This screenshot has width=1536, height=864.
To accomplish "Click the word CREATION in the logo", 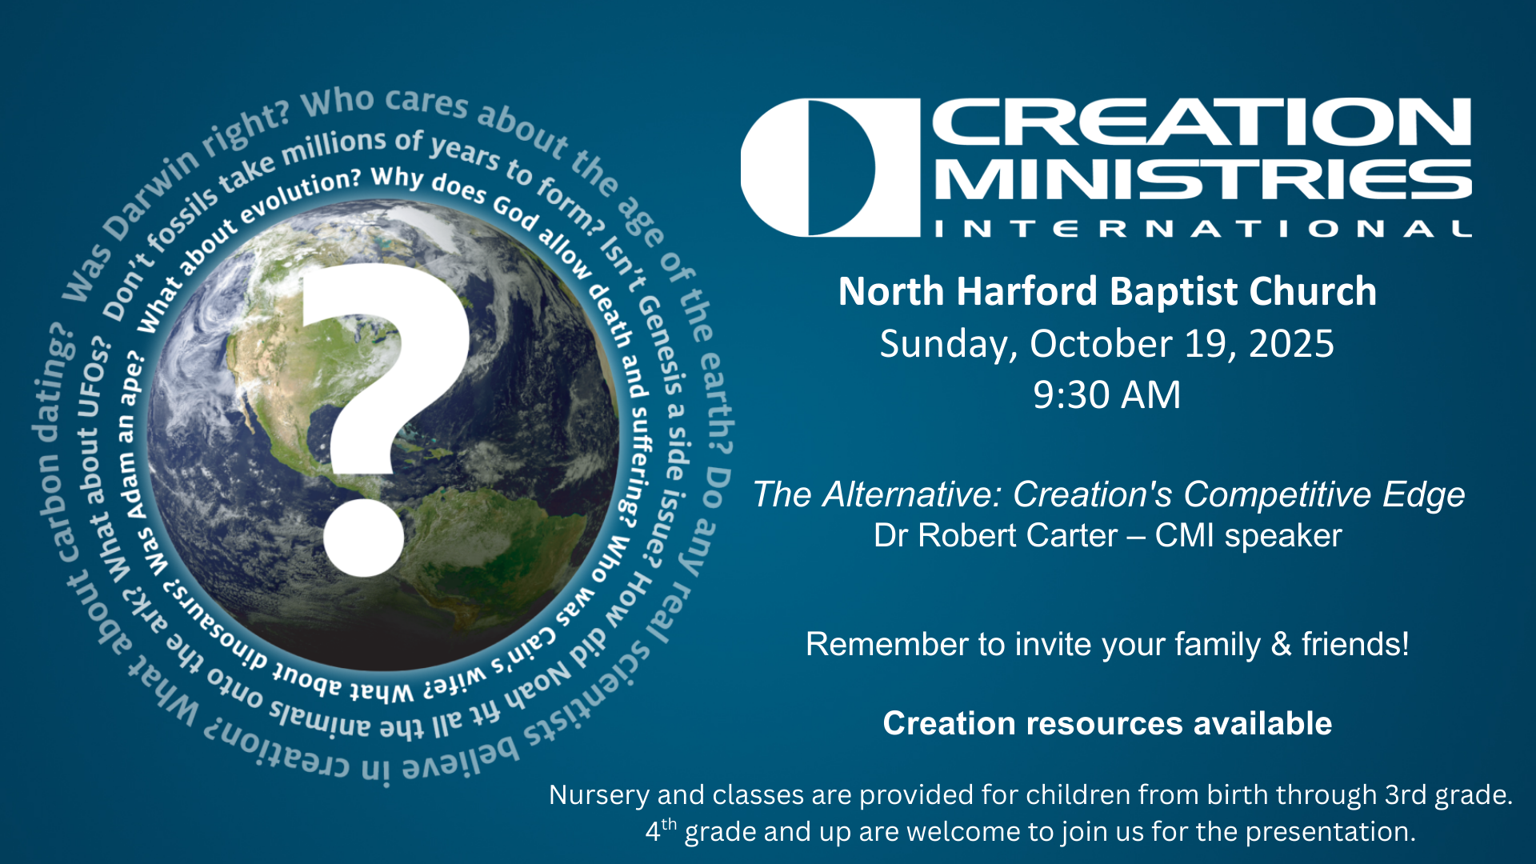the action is point(1202,122).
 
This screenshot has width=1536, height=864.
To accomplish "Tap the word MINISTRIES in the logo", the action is point(1203,179).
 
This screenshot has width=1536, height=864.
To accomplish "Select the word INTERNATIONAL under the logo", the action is point(1203,230).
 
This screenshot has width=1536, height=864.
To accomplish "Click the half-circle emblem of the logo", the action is point(830,167).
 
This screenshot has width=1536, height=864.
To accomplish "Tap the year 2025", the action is point(1290,344).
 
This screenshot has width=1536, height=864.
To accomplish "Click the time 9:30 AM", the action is point(1106,395).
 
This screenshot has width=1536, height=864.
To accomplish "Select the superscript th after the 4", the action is point(669,824).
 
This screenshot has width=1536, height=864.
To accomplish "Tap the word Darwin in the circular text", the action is point(152,194).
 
